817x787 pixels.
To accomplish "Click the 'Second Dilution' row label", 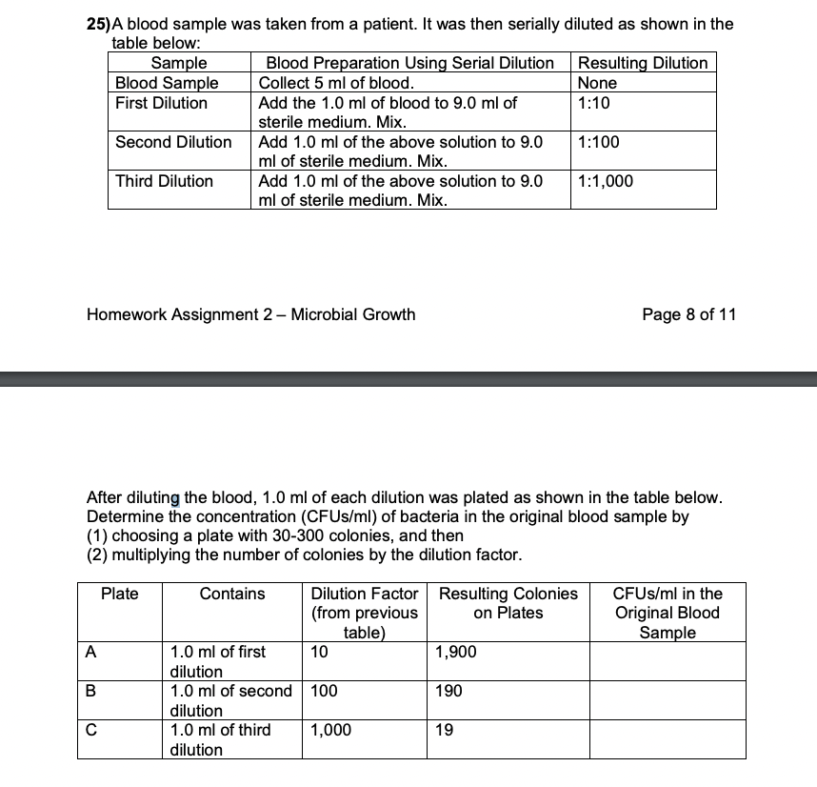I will point(173,142).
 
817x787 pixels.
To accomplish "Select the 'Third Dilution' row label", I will point(164,181).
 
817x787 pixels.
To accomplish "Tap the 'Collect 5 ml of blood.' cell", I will point(336,83).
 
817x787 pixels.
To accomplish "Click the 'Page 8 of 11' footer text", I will point(689,314).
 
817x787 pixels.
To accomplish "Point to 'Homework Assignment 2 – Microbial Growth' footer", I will point(250,314).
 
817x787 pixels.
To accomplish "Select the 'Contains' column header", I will point(232,594).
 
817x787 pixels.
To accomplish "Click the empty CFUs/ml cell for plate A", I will point(667,660).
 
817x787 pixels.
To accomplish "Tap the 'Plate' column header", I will point(120,594).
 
